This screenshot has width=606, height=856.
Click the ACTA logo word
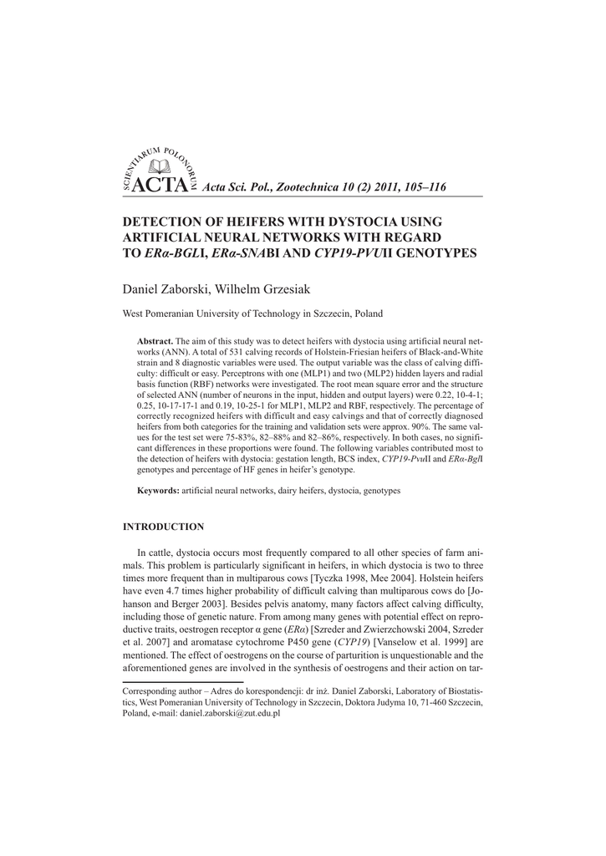tap(159, 186)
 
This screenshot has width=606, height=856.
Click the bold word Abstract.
tap(155, 343)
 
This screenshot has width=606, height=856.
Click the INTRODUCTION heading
tap(164, 527)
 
